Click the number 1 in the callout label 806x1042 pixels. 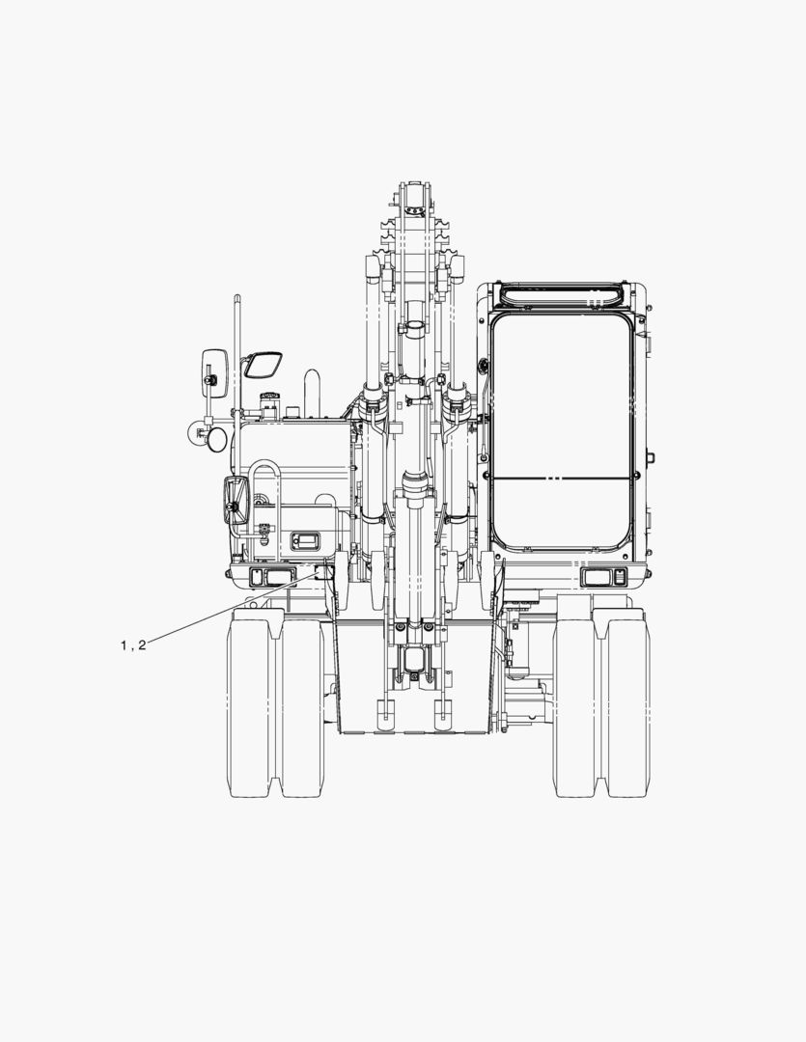124,645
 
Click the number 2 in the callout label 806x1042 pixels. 142,645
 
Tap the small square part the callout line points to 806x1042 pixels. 322,571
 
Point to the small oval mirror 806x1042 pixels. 218,441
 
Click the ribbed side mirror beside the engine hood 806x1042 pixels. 236,501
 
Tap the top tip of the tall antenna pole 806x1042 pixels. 236,296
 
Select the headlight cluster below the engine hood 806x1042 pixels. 271,578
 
